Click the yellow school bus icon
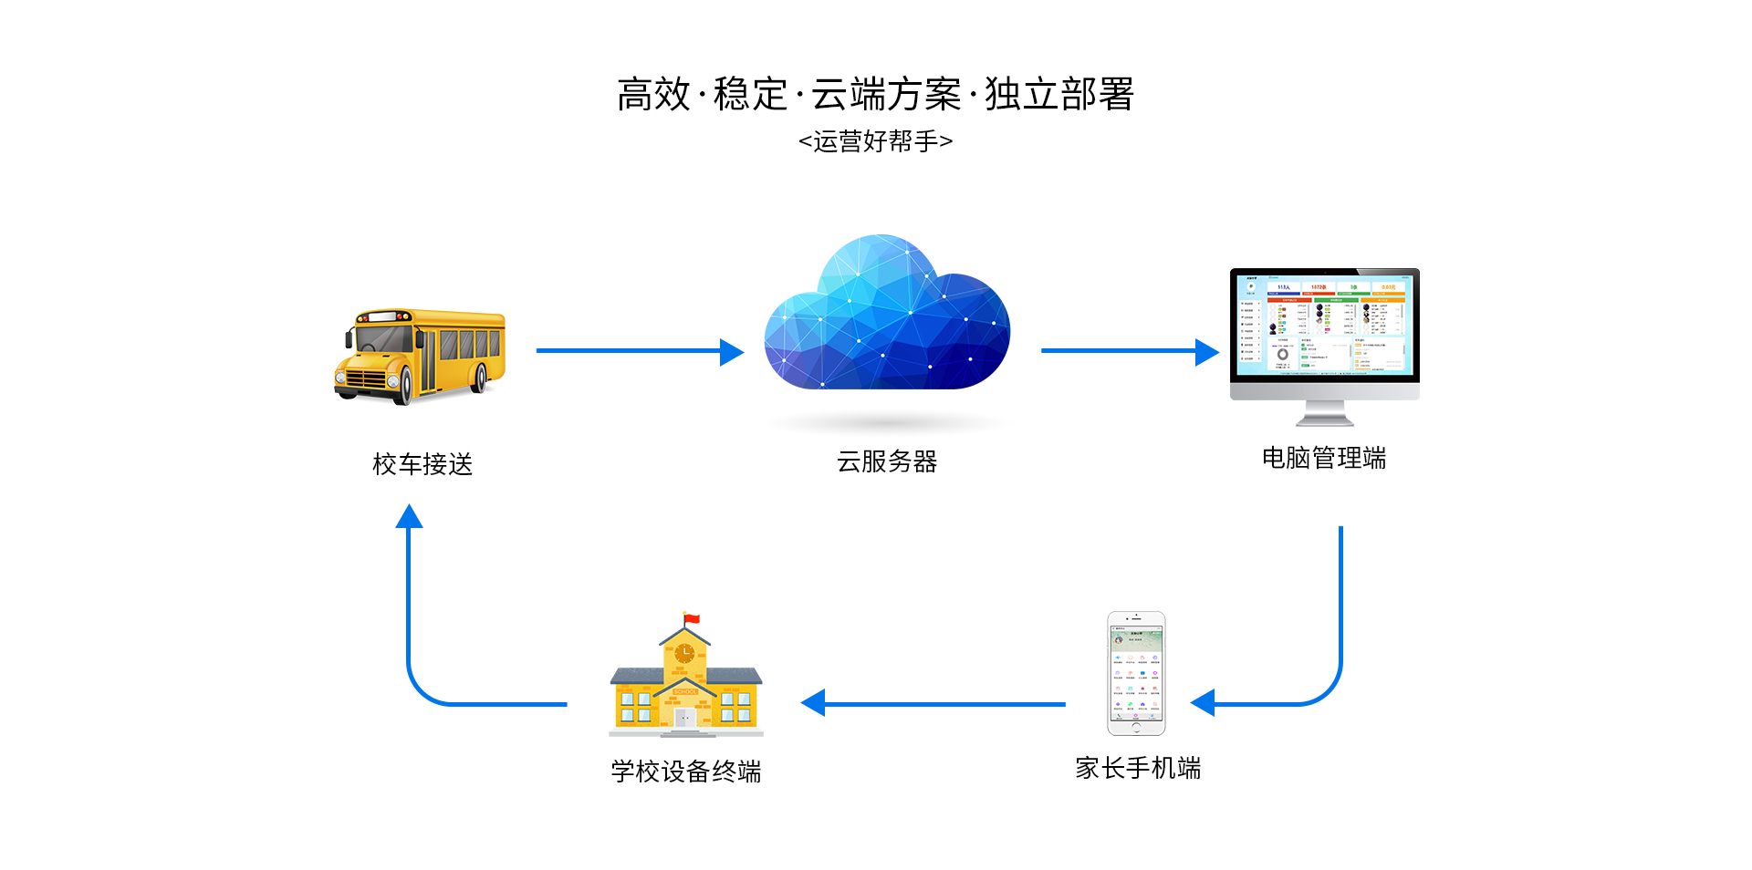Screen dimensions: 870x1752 pyautogui.click(x=421, y=356)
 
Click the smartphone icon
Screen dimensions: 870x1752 pyautogui.click(x=1136, y=673)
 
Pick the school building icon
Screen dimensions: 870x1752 pyautogui.click(x=685, y=684)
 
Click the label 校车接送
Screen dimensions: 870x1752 pyautogui.click(x=422, y=464)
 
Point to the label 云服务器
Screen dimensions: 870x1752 pyautogui.click(x=887, y=461)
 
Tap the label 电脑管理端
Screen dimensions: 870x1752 pyautogui.click(x=1324, y=458)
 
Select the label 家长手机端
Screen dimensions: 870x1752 pyautogui.click(x=1138, y=768)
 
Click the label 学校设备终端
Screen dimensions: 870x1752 pyautogui.click(x=686, y=772)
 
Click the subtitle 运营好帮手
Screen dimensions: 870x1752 pyautogui.click(x=875, y=141)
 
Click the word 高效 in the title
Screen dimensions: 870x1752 pyautogui.click(x=654, y=95)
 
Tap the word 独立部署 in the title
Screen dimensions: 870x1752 pyautogui.click(x=1058, y=95)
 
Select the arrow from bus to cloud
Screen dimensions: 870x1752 pyautogui.click(x=639, y=351)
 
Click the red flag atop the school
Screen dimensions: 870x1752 pyautogui.click(x=692, y=619)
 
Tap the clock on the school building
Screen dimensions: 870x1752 pyautogui.click(x=684, y=653)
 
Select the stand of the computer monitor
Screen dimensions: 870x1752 pyautogui.click(x=1325, y=414)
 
